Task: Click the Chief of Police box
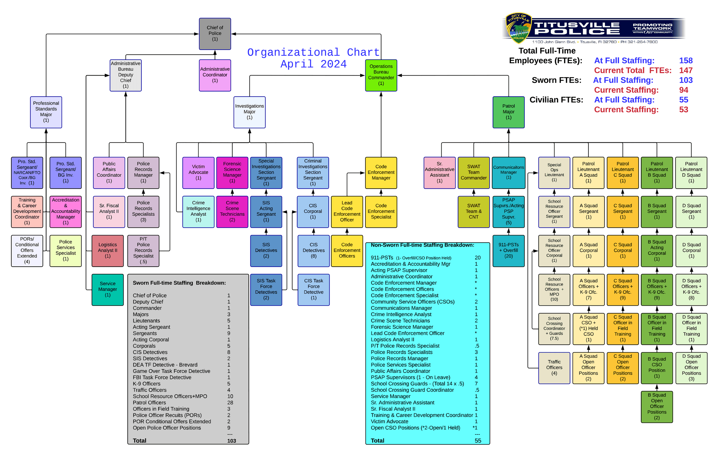tap(215, 34)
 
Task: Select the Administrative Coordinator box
tap(215, 75)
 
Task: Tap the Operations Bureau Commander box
tap(381, 75)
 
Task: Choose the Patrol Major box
tap(508, 112)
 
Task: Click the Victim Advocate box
tap(198, 172)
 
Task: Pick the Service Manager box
tap(107, 289)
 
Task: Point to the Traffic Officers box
tap(554, 368)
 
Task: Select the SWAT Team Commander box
tap(473, 172)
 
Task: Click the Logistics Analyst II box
tap(107, 250)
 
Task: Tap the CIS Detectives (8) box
tap(314, 250)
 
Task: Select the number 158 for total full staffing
tap(685, 61)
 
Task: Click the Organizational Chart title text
tap(313, 52)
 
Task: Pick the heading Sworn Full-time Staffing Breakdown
tap(179, 283)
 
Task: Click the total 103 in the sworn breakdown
tap(231, 440)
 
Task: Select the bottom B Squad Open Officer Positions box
tap(656, 407)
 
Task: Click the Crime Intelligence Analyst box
tap(198, 211)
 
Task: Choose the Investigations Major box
tap(249, 112)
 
